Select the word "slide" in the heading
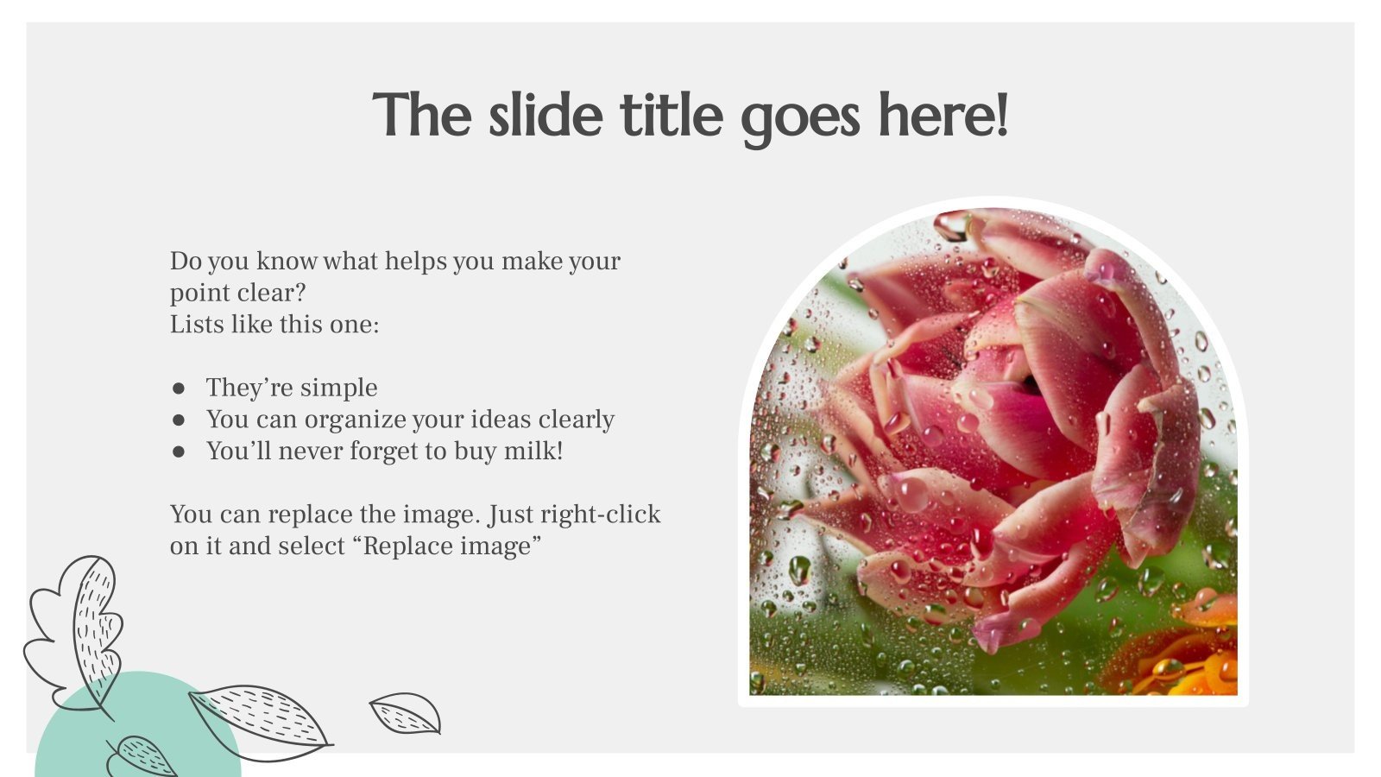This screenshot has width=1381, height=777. pos(545,115)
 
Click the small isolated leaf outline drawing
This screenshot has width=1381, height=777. pos(405,713)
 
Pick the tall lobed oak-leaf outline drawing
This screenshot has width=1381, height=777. pos(78,630)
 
